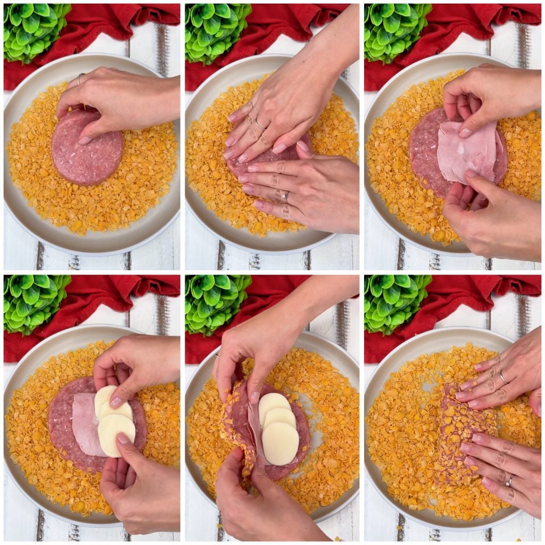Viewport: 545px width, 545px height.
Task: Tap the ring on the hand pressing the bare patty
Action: coord(80,79)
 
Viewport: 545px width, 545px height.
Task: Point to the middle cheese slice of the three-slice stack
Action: coord(280,418)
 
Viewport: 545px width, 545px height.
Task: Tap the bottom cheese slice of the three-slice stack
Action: coord(280,443)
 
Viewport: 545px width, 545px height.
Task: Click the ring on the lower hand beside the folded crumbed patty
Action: coord(509,481)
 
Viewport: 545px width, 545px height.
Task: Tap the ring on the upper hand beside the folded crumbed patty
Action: coord(502,378)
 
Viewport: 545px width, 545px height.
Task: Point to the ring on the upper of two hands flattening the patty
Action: coord(260,126)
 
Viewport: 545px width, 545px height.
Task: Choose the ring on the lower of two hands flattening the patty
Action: coord(285,197)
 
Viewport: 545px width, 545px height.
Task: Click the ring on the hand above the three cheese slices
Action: coord(217,356)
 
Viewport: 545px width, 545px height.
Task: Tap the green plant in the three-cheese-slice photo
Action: coord(216,303)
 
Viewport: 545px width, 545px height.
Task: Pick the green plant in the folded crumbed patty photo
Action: coord(397,303)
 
